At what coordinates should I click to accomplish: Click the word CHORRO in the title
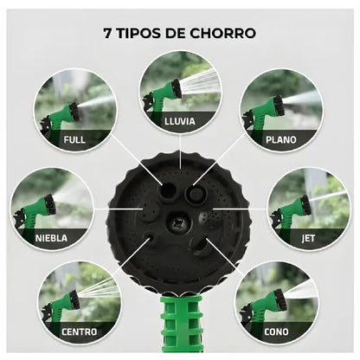tap(219, 34)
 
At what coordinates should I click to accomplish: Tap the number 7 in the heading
tap(107, 34)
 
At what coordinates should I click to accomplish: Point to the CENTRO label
tap(80, 330)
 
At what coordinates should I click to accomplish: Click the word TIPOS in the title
tap(143, 34)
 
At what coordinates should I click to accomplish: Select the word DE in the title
tap(182, 34)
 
